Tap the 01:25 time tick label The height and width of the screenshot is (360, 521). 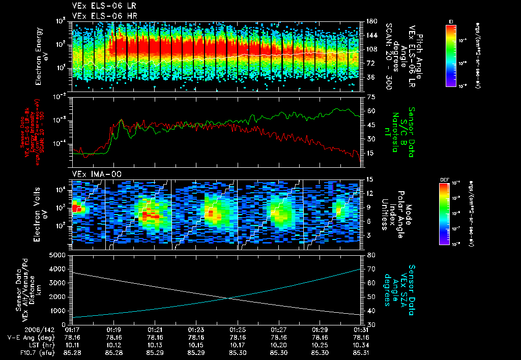(x=237, y=329)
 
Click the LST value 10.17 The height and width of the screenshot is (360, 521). (x=237, y=343)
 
